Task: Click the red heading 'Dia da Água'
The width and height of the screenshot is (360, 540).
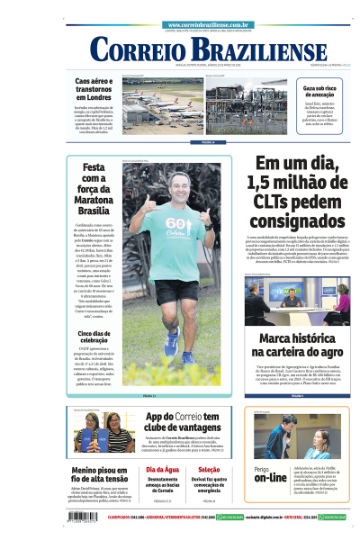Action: [163, 470]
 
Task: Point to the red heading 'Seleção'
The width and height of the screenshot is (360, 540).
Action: [209, 470]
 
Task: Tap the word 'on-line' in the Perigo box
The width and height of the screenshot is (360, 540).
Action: [270, 479]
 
